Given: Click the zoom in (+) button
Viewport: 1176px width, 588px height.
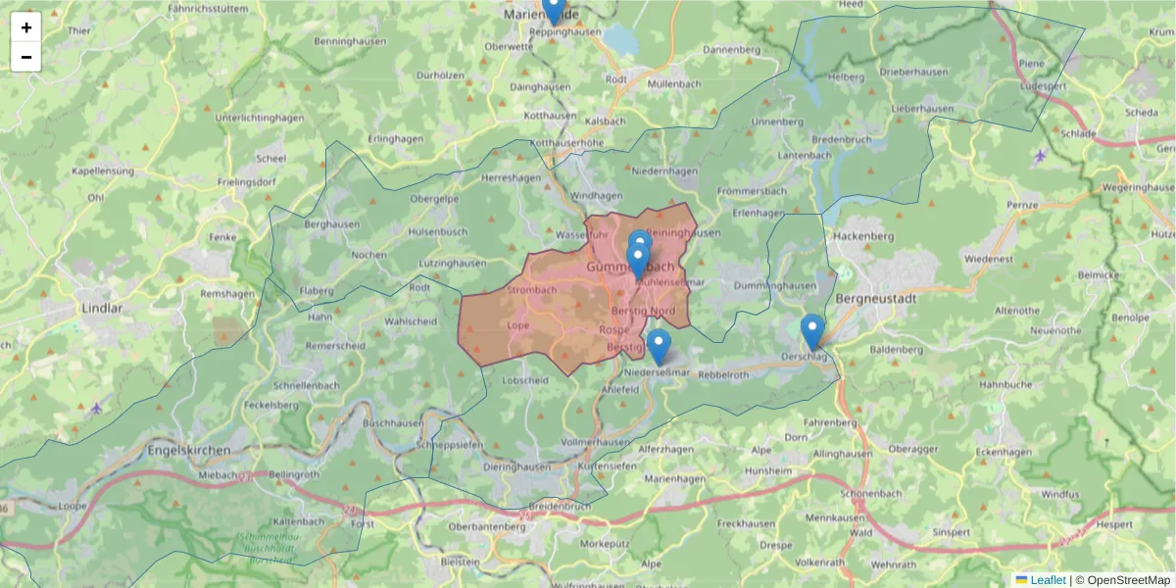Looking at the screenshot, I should (x=25, y=27).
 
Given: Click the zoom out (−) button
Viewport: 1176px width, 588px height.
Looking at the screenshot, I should (x=25, y=57).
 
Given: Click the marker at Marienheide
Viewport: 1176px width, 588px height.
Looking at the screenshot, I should (x=554, y=10).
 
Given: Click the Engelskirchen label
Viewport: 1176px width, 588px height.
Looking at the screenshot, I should (x=188, y=450).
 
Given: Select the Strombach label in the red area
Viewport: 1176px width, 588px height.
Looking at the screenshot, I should (x=532, y=290).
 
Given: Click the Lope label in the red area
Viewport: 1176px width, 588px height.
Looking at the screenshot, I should (x=519, y=325).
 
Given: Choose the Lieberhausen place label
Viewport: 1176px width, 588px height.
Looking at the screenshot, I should (x=922, y=108).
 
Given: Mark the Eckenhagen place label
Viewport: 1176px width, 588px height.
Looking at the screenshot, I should (x=1004, y=452).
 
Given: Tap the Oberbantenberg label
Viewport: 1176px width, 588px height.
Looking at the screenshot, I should (x=480, y=525).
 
